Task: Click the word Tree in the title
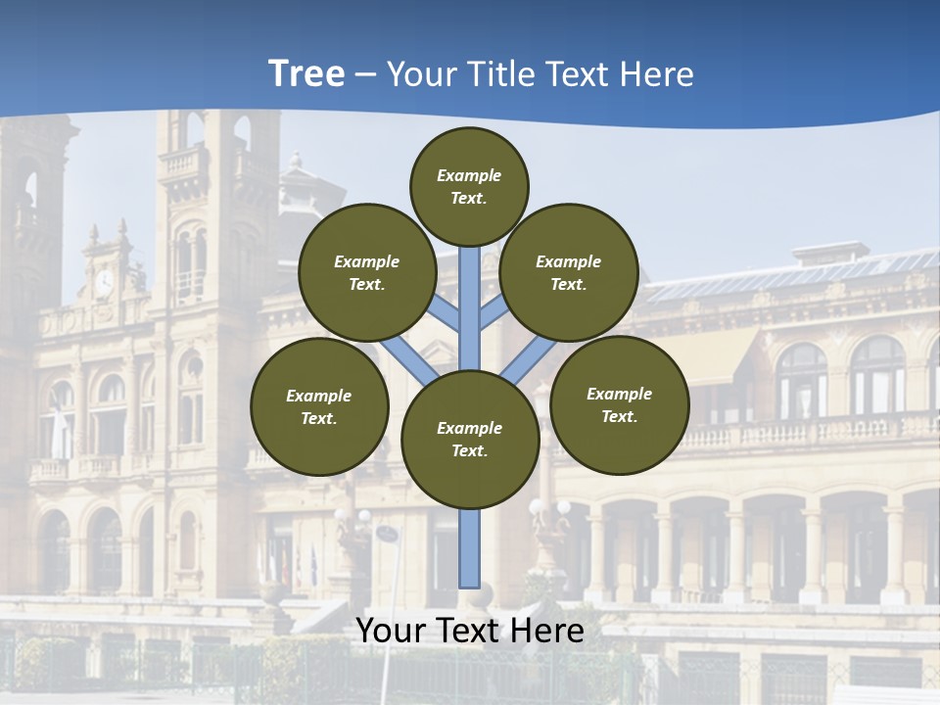[306, 73]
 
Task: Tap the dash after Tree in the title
[365, 74]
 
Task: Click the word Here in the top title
[658, 73]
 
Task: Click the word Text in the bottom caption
[470, 631]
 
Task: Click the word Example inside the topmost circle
[469, 175]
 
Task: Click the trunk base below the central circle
[470, 548]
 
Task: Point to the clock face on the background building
[103, 283]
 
